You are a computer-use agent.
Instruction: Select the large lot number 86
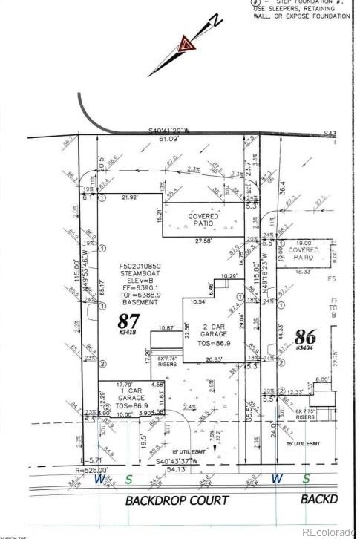click(306, 337)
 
